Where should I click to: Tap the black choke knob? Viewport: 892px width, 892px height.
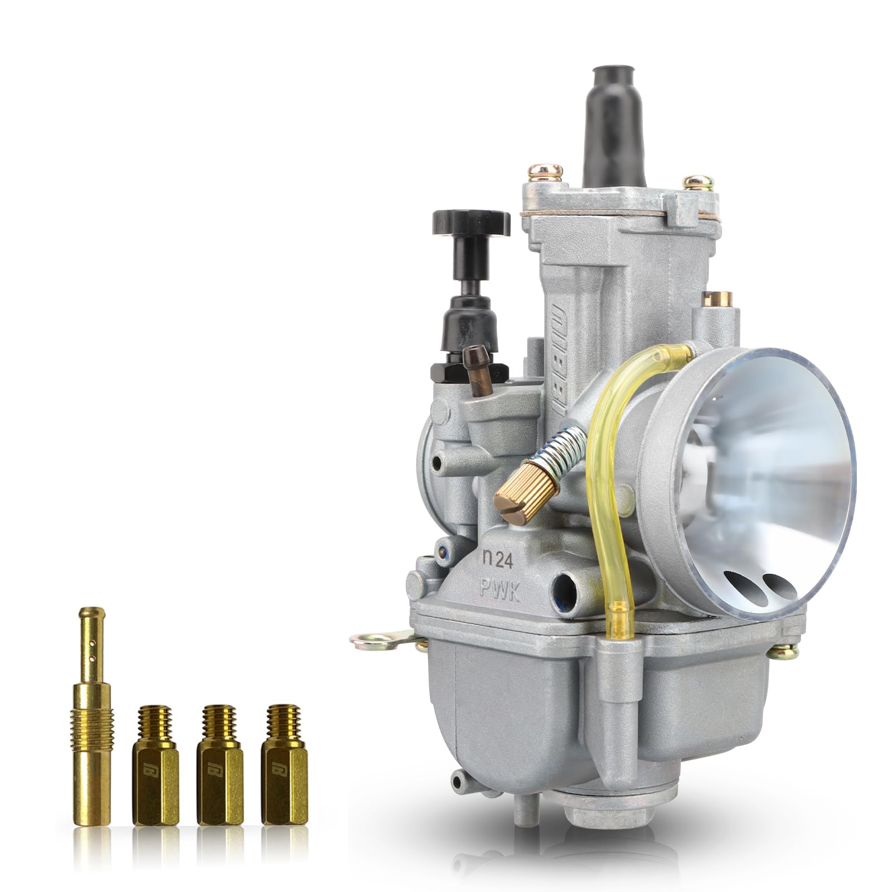click(x=471, y=222)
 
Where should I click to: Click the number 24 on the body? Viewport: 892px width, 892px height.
click(x=504, y=561)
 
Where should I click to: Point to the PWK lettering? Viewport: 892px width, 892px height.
click(x=500, y=589)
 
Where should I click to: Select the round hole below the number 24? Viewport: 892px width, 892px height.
click(x=565, y=586)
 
